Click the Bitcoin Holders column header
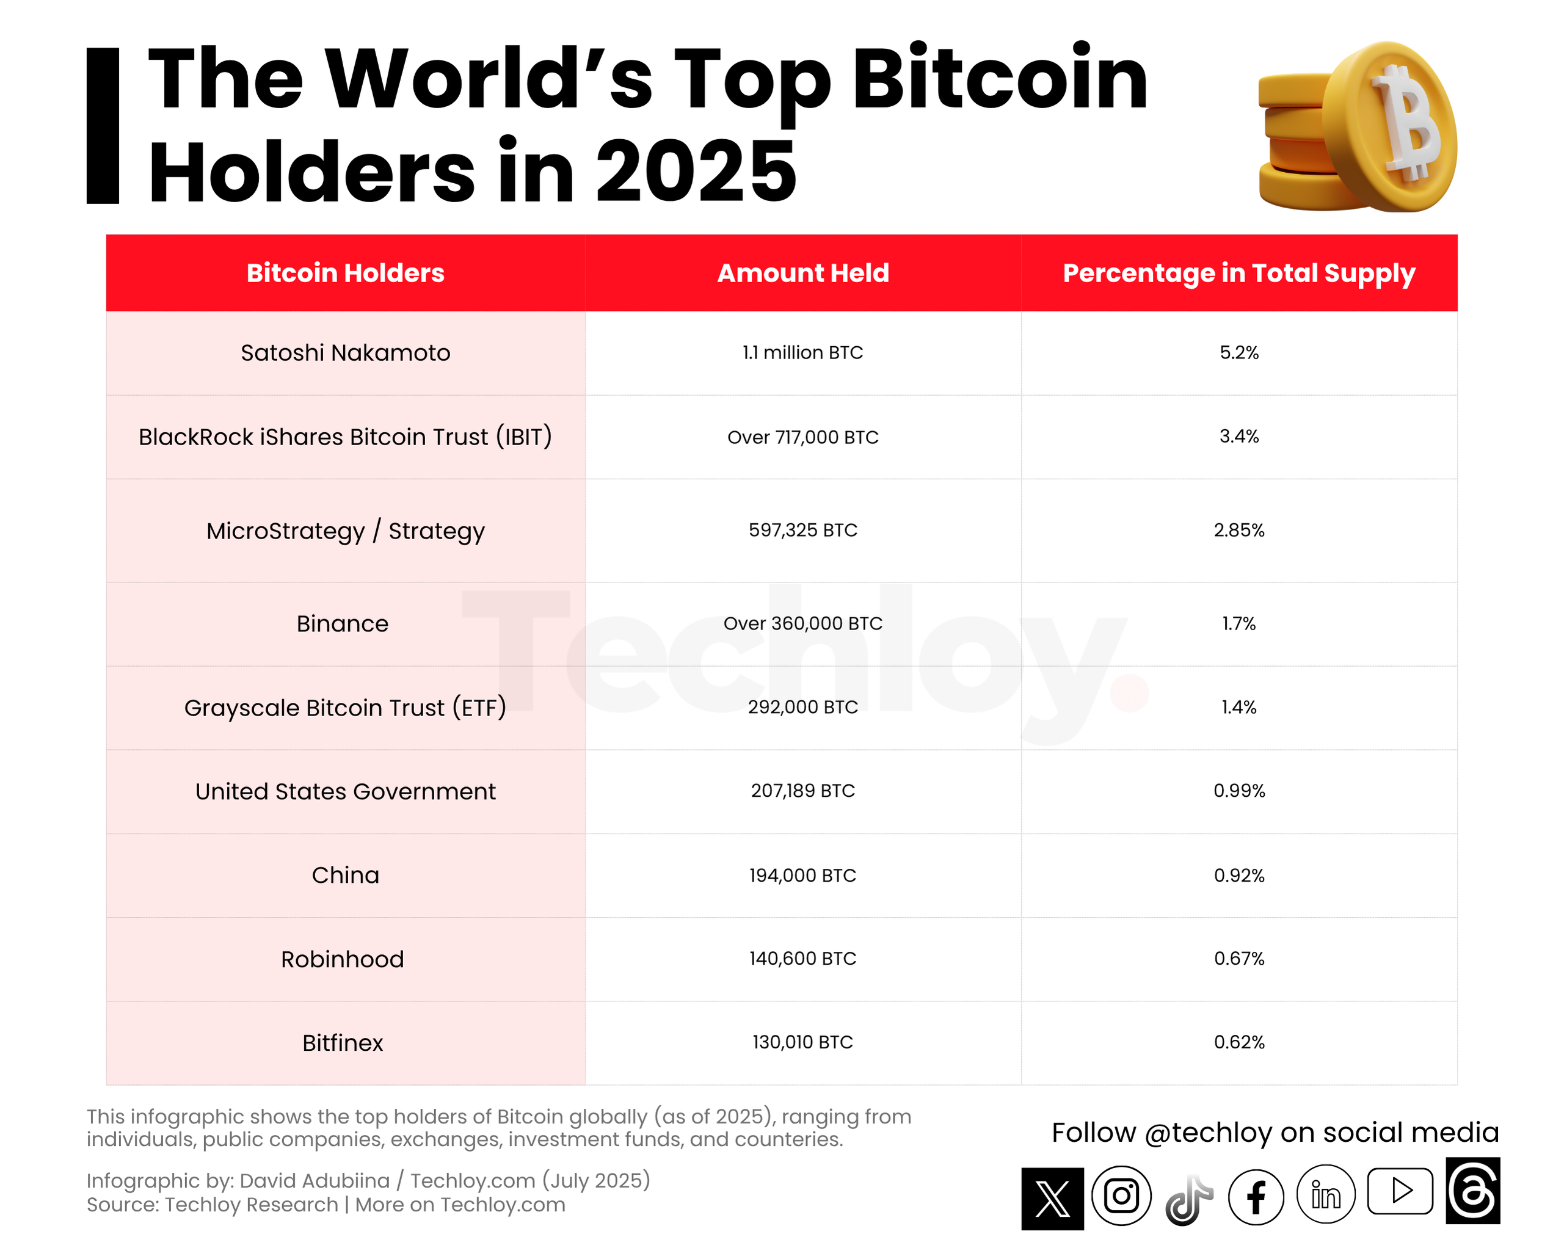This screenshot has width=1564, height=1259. coord(345,274)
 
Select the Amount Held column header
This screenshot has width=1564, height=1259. coord(803,274)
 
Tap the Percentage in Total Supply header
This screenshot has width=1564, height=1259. coord(1238,274)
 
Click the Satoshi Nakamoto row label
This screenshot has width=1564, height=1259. coord(345,353)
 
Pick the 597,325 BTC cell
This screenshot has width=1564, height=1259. coord(803,530)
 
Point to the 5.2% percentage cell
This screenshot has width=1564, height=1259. coord(1238,353)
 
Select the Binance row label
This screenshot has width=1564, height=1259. coord(343,623)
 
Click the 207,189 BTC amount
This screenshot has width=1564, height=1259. coord(803,791)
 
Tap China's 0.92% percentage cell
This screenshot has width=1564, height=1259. coord(1238,876)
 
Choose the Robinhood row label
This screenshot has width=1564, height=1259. coord(343,959)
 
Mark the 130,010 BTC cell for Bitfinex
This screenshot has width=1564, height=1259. coord(803,1042)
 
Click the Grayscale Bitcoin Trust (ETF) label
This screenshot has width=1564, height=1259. coord(345,708)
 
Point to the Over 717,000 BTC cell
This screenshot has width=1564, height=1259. coord(803,437)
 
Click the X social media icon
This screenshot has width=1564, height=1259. coord(1052,1199)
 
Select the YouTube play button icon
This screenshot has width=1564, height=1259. coord(1400,1191)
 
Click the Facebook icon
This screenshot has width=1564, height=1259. coord(1256,1197)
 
